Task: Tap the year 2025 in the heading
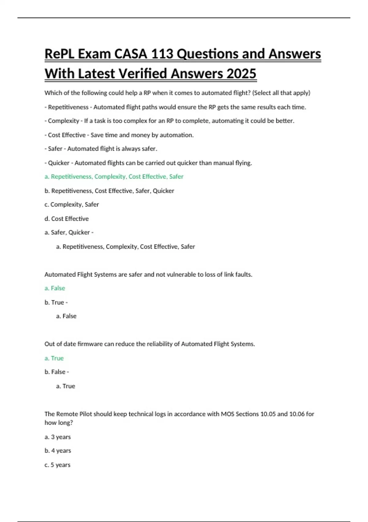[241, 74]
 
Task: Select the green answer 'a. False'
[55, 288]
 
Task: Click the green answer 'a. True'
[54, 358]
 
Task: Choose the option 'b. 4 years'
[58, 451]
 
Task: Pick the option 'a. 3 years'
[58, 437]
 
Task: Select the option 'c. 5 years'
[57, 465]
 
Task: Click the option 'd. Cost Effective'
[67, 219]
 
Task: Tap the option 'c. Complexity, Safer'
[72, 205]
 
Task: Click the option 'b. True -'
[56, 302]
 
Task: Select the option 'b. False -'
[57, 372]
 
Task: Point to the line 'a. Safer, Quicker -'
[69, 232]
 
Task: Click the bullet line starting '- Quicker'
[148, 163]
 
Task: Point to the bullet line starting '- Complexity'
[169, 121]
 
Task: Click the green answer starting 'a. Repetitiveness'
[114, 177]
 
